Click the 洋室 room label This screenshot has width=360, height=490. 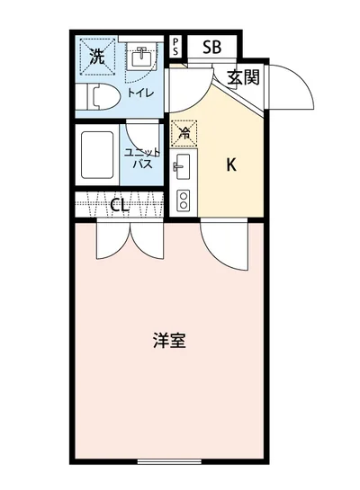point(169,341)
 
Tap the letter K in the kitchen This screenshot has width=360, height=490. point(230,165)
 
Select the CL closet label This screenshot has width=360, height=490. point(120,204)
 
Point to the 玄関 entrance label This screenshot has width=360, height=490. point(243,77)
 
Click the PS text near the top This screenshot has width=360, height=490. point(176,48)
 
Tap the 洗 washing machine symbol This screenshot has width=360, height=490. point(96,56)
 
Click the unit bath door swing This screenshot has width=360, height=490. point(141,131)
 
